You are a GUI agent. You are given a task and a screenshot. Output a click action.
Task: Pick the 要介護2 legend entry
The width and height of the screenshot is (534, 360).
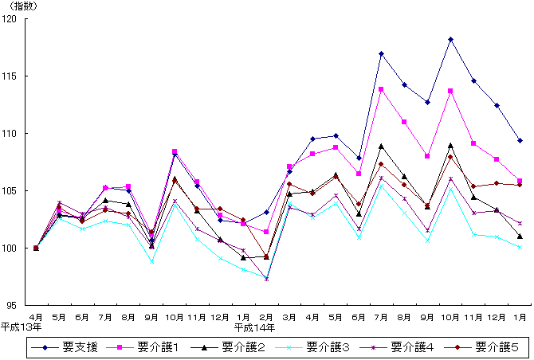click(238, 347)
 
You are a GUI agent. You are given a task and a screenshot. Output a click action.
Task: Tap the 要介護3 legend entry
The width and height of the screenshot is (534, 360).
click(323, 347)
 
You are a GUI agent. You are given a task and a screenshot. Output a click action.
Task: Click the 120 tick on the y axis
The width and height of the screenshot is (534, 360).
click(15, 19)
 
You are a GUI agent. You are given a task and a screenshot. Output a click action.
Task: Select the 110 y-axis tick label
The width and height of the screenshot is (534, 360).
click(15, 134)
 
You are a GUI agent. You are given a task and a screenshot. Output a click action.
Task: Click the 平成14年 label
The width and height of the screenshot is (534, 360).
click(254, 327)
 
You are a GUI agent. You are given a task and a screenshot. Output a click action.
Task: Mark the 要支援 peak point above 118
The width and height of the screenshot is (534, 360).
click(451, 39)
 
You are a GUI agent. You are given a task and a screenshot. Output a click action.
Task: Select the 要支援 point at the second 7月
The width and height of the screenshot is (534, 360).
click(382, 53)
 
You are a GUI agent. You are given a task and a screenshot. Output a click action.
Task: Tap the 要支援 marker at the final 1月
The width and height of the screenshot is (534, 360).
click(520, 140)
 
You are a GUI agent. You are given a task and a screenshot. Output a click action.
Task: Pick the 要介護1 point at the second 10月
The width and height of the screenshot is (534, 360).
click(451, 91)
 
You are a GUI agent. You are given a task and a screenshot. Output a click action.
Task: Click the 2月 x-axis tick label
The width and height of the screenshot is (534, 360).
click(266, 316)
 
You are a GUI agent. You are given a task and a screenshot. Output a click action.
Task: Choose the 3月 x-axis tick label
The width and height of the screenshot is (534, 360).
click(289, 316)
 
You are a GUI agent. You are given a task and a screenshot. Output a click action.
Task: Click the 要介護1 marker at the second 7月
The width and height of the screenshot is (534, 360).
click(382, 89)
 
